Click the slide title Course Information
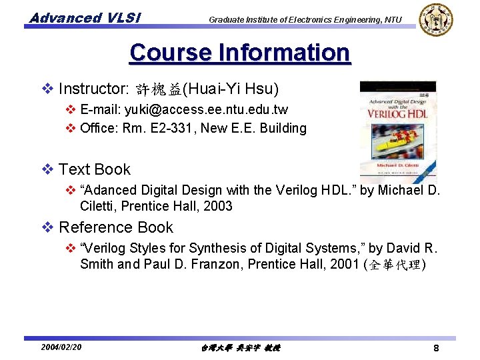tap(240, 53)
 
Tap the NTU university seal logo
tap(435, 19)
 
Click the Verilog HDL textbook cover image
tap(398, 132)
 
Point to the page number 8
tap(435, 348)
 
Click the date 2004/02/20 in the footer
tap(61, 347)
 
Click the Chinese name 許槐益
tap(159, 89)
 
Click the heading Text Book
tap(95, 169)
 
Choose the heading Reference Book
tap(116, 227)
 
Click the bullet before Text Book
tap(47, 169)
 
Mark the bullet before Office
tap(70, 128)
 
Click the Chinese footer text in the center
tap(240, 348)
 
